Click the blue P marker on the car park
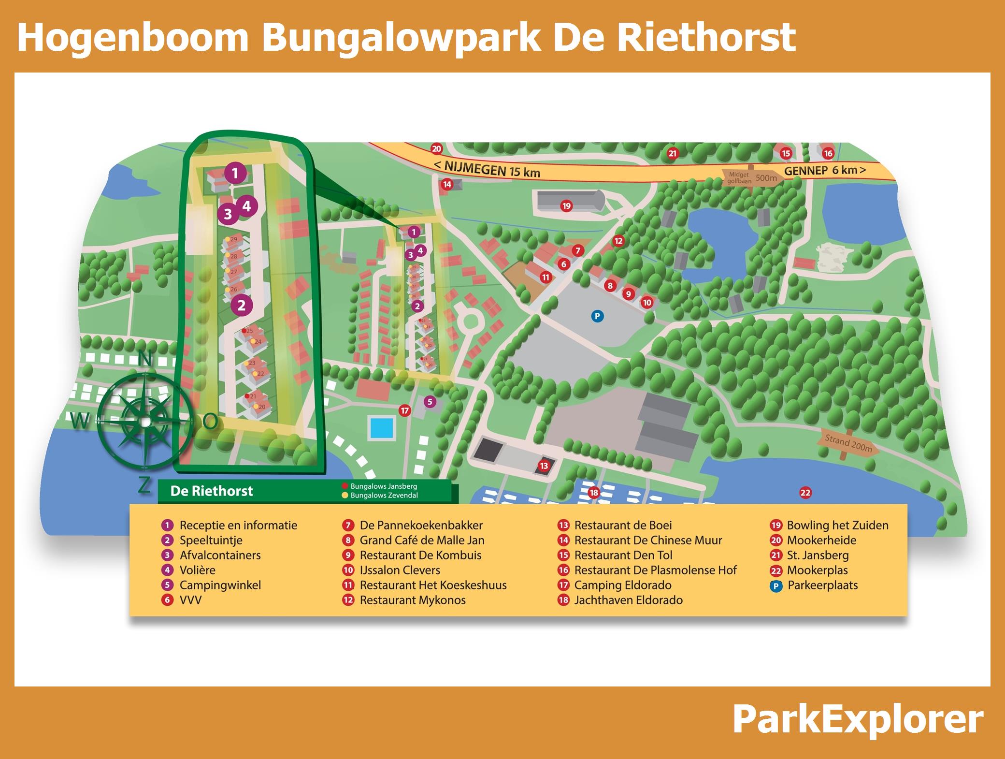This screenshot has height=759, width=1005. [597, 316]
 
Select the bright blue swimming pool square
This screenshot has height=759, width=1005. [381, 427]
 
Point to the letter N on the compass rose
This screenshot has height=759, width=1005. [145, 359]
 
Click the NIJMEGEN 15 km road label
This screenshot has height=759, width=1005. [487, 168]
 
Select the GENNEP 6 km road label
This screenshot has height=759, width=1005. [824, 170]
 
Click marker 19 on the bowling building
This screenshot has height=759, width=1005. [566, 206]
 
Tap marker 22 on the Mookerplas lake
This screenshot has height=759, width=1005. [805, 493]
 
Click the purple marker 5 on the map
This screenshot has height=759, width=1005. [430, 401]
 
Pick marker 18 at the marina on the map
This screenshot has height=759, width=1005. [593, 493]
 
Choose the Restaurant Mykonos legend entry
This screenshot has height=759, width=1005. [412, 600]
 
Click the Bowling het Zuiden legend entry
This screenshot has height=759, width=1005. [837, 525]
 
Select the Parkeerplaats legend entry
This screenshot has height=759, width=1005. [822, 585]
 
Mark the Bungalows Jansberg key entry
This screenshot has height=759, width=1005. [383, 486]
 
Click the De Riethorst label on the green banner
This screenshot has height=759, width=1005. [212, 491]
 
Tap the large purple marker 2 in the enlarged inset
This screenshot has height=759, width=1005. [241, 305]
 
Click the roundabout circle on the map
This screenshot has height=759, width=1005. [468, 320]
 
